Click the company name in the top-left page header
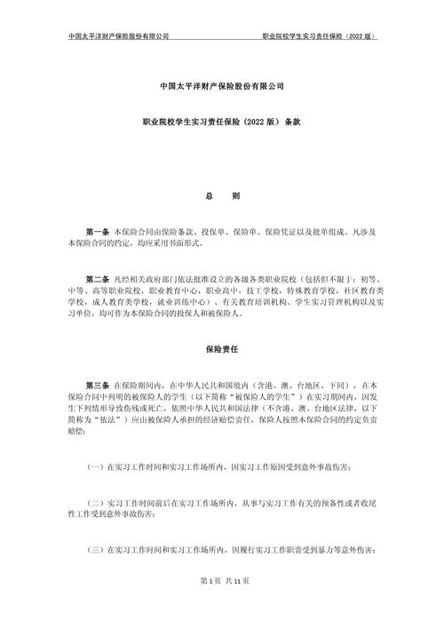pos(118,36)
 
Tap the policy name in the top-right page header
pos(321,36)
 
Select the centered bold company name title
pos(222,85)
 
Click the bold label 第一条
pos(97,229)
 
